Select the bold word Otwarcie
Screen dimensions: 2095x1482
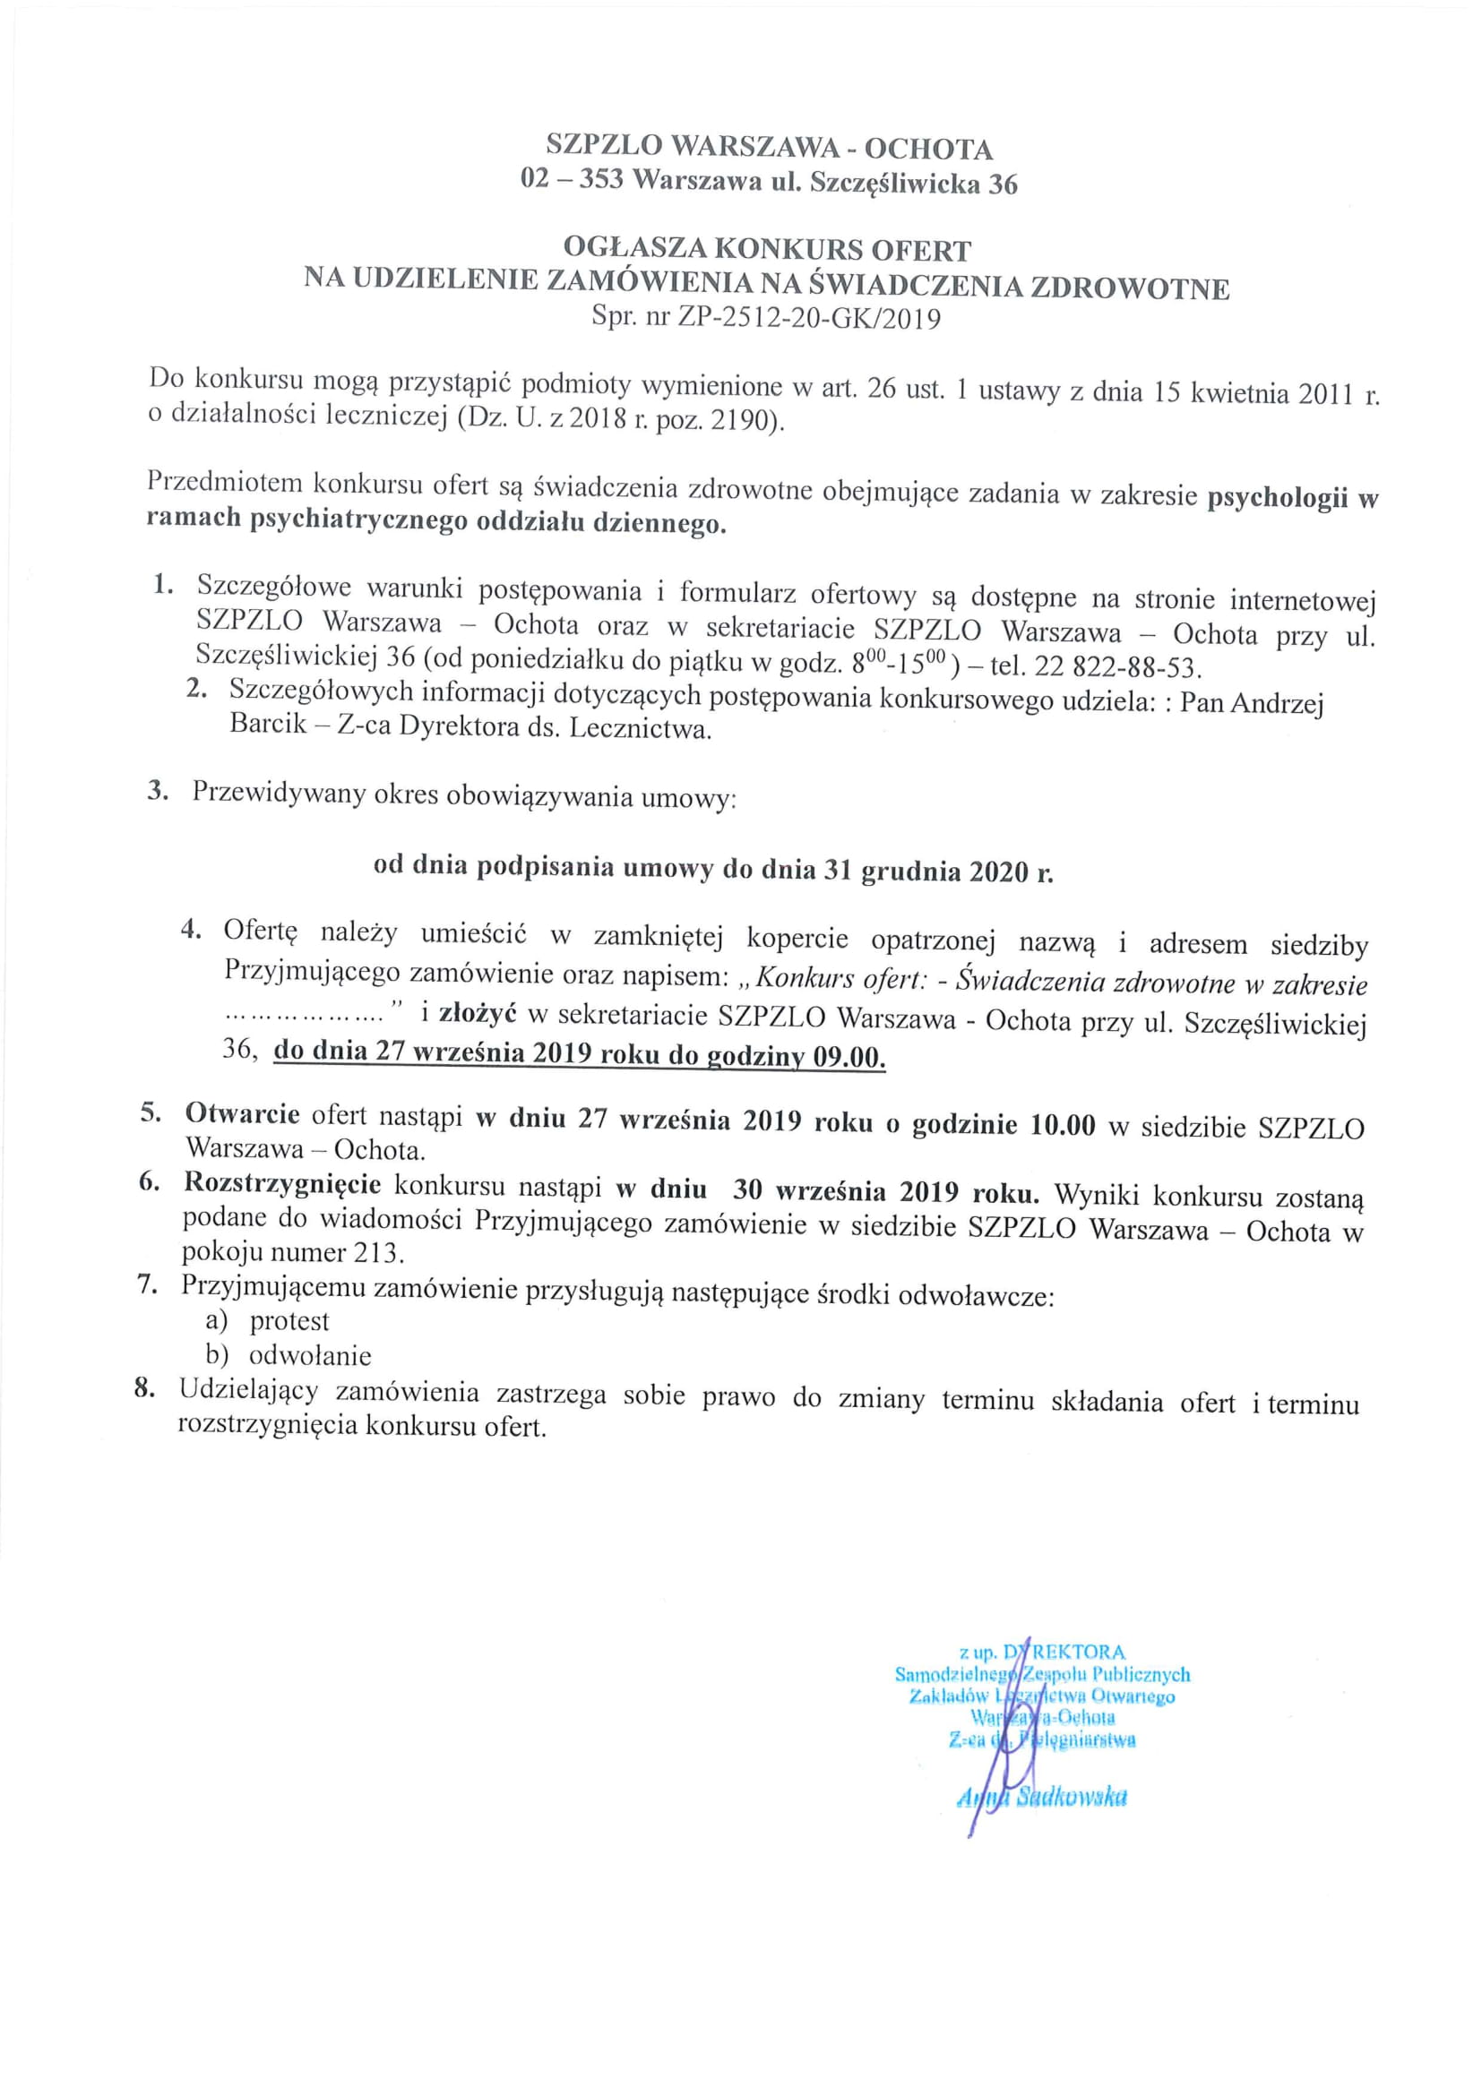tap(243, 1114)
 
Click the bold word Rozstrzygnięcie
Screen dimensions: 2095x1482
tap(282, 1183)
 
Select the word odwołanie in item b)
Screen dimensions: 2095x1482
tap(310, 1356)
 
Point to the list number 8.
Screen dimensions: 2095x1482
tap(143, 1390)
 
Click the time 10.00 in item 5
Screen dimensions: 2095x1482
tap(1063, 1124)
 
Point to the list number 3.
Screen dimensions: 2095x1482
tap(158, 790)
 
